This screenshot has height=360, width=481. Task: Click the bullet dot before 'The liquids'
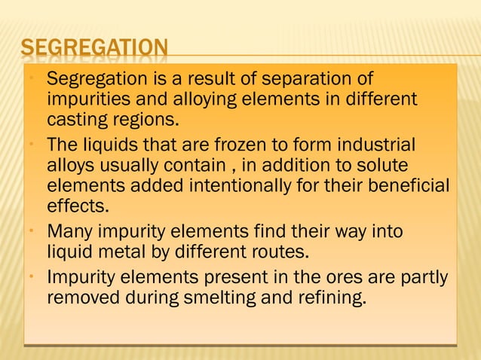tap(29, 145)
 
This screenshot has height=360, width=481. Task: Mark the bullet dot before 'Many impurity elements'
tap(29, 231)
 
